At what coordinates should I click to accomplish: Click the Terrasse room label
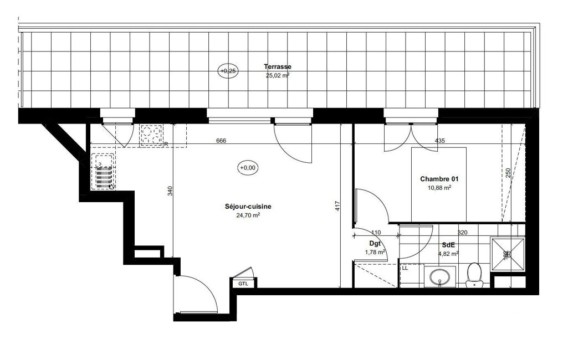pos(278,66)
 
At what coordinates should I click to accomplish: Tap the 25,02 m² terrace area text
pos(278,76)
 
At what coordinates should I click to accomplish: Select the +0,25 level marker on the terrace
pos(228,71)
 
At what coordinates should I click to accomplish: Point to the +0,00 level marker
pos(248,168)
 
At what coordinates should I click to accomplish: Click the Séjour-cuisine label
pos(248,207)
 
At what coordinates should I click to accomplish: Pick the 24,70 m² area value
pos(248,215)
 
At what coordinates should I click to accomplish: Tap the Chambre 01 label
pos(439,179)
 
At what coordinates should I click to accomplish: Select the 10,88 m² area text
pos(439,188)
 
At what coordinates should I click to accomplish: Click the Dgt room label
pos(375,244)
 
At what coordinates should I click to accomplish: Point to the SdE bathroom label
pos(448,245)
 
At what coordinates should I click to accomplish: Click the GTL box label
pos(243,284)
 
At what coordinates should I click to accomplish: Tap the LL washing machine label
pos(405,269)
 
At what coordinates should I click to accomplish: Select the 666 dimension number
pos(221,141)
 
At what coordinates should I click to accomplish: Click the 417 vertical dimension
pos(337,206)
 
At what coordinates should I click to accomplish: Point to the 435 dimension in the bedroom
pos(440,141)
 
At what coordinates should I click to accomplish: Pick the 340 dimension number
pos(170,191)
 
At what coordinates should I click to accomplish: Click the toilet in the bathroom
pos(474,275)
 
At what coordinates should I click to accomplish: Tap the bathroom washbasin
pos(440,277)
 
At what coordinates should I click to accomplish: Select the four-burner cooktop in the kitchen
pos(151,135)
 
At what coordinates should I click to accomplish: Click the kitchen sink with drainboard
pos(103,171)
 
